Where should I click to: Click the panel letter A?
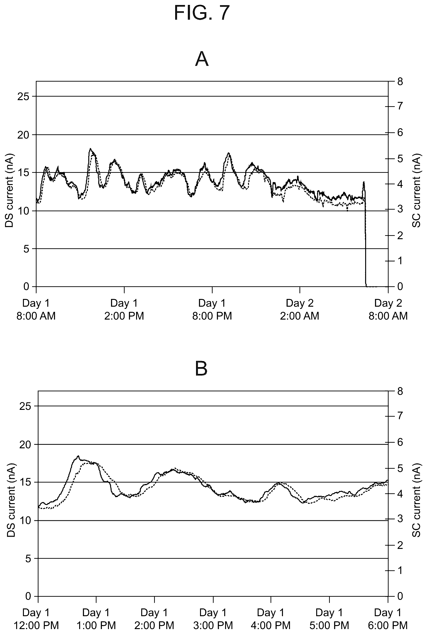202,59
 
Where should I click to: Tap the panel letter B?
201,369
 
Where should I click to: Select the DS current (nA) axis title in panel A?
9,191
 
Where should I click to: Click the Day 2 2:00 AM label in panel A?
300,309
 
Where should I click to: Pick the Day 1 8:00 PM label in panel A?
212,309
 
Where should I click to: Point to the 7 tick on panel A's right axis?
400,106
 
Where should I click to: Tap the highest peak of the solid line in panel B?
78,456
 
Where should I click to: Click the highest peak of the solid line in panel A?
90,149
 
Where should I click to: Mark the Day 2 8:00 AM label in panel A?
388,309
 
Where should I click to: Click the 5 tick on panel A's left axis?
26,249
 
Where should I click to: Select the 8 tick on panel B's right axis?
400,391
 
